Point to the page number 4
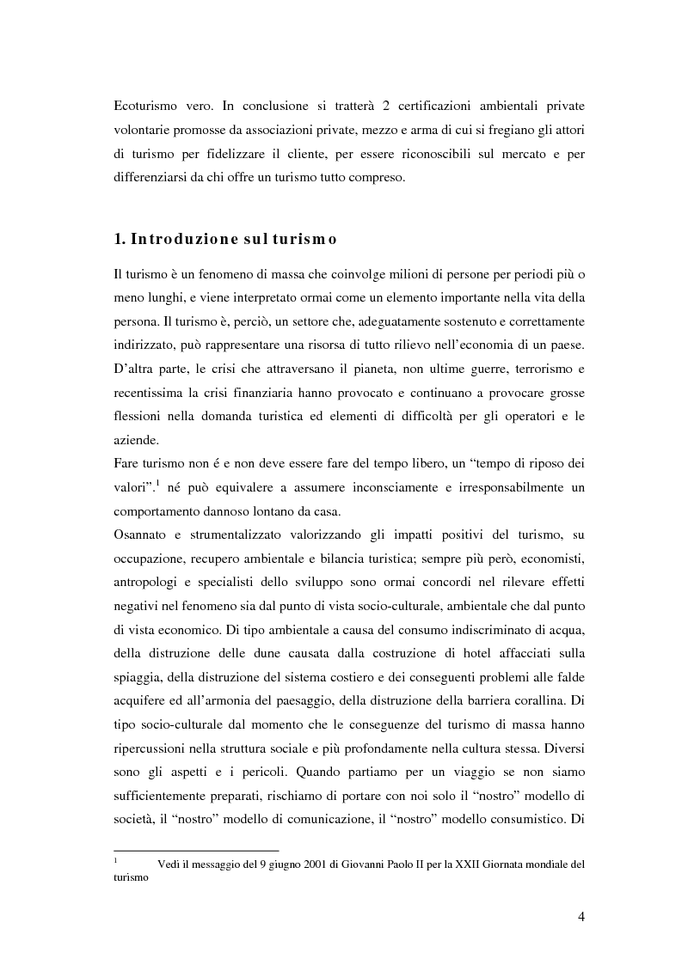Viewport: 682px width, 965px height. pos(581,916)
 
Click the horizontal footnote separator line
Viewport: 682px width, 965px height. pos(196,851)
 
